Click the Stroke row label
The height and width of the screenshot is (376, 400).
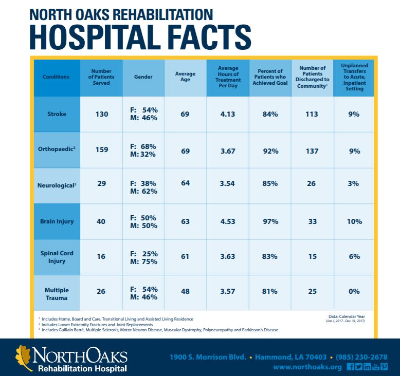click(x=57, y=114)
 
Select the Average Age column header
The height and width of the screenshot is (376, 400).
click(x=185, y=77)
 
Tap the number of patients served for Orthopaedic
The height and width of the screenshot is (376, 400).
click(x=101, y=151)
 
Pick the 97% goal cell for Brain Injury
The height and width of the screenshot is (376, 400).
click(x=270, y=221)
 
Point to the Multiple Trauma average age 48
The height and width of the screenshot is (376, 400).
click(x=185, y=291)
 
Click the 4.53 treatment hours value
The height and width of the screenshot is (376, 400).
click(x=227, y=221)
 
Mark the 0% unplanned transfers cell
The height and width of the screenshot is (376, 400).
click(x=354, y=291)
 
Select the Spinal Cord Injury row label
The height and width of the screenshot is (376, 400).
click(x=57, y=256)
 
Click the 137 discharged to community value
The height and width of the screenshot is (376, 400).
click(x=312, y=151)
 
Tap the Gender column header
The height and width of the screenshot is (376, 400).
click(x=143, y=77)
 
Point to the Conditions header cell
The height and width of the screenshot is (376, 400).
click(x=57, y=77)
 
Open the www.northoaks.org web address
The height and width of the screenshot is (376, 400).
click(x=307, y=367)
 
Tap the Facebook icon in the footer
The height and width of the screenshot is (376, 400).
click(x=351, y=367)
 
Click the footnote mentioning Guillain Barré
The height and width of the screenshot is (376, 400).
click(x=154, y=330)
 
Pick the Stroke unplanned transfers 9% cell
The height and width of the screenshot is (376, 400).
click(x=354, y=114)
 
